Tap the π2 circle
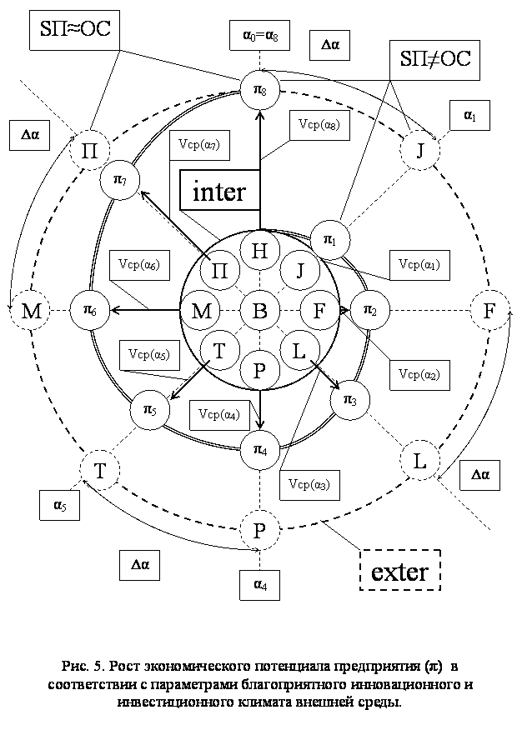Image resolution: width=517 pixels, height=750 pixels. (x=369, y=310)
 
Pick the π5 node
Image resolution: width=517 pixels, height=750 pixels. (x=150, y=410)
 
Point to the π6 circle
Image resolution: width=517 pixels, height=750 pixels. (x=88, y=311)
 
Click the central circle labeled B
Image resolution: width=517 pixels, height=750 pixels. (x=259, y=311)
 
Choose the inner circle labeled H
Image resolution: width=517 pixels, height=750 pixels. (x=259, y=250)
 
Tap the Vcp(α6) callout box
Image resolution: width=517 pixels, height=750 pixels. (x=138, y=265)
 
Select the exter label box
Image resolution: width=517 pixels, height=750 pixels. (x=399, y=572)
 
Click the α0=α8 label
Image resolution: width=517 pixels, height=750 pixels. (x=265, y=37)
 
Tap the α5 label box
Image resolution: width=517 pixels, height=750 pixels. (x=59, y=504)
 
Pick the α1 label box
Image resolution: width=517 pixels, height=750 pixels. (x=470, y=117)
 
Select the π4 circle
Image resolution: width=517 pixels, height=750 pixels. (x=259, y=450)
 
